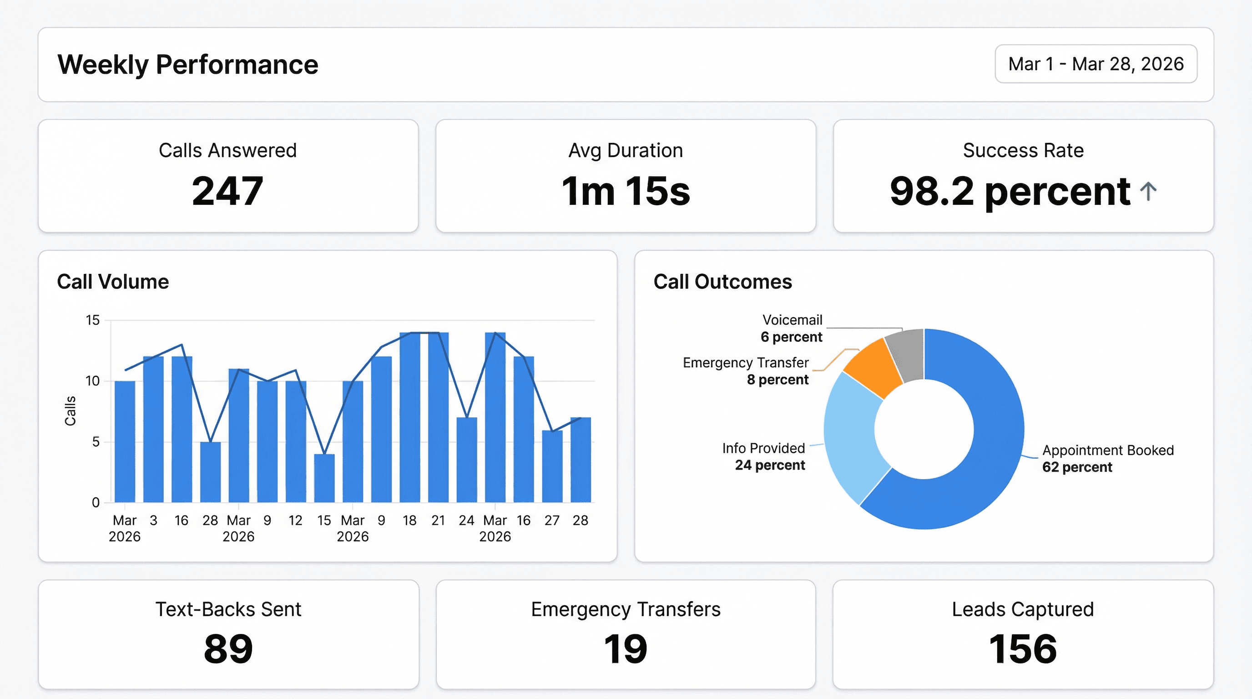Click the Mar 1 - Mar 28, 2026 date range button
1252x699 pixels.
click(1095, 64)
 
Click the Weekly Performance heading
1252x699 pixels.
click(187, 65)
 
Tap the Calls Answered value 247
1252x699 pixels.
click(227, 191)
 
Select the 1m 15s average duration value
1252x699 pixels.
click(626, 191)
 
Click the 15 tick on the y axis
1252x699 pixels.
click(92, 320)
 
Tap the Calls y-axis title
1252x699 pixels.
click(71, 411)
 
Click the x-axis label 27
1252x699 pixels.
click(552, 521)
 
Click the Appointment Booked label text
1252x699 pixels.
click(1108, 450)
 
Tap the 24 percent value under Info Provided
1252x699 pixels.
click(769, 465)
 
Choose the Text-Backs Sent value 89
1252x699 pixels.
click(228, 649)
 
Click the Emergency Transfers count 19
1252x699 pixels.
click(626, 649)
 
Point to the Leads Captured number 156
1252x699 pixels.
click(1023, 649)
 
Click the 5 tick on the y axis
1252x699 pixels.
click(96, 442)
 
